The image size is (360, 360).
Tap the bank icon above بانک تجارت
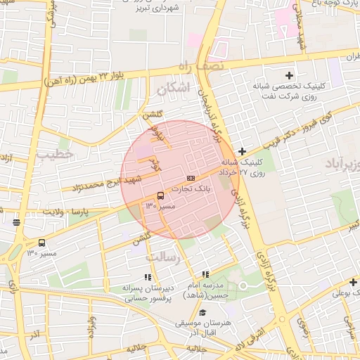pyautogui.click(x=191, y=178)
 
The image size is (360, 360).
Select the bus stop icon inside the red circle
pyautogui.click(x=160, y=195)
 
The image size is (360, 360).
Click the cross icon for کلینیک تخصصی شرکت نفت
pyautogui.click(x=288, y=75)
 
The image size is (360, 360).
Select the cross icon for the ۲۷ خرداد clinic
pyautogui.click(x=242, y=151)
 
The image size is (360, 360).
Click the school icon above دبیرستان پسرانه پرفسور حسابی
pyautogui.click(x=148, y=277)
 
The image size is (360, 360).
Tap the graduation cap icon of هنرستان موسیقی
pyautogui.click(x=202, y=313)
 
